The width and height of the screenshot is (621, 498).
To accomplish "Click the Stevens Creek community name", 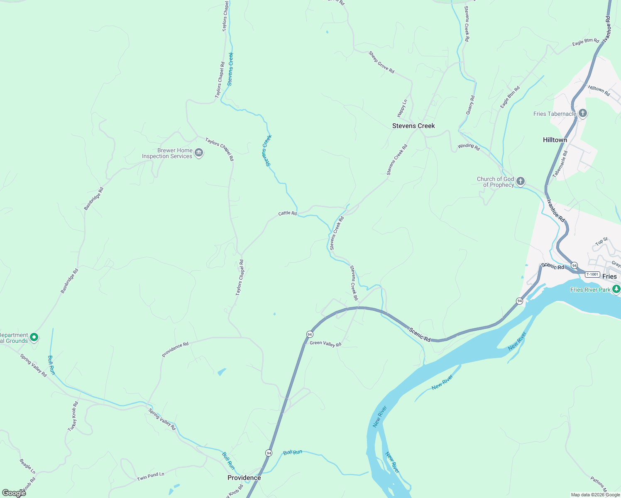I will (x=413, y=126).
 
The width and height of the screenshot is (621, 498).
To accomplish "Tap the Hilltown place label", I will (x=555, y=140).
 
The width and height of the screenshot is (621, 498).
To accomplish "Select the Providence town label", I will (x=244, y=478).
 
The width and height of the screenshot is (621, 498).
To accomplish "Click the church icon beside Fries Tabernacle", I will (x=583, y=113).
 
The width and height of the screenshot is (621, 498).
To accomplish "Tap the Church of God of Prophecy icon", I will (x=521, y=181).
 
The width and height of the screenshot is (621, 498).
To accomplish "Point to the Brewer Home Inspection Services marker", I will (x=199, y=153).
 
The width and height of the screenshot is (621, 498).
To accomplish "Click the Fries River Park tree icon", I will (x=616, y=289).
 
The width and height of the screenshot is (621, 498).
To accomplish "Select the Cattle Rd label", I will (x=287, y=213).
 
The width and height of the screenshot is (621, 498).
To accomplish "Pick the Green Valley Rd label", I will (x=325, y=344).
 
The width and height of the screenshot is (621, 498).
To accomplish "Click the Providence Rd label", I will (x=175, y=349).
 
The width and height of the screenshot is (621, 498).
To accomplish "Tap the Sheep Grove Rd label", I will (x=381, y=62).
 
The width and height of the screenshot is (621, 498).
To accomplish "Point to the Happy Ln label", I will (x=402, y=108).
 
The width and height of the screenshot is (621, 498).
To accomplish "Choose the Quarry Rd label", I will (x=470, y=105).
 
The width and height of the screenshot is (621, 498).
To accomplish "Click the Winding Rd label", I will (x=469, y=146).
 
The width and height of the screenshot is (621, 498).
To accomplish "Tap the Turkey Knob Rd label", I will (x=73, y=416).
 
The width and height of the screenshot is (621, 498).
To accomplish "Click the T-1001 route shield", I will (x=592, y=274).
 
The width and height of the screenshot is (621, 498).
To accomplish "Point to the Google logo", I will (x=14, y=493).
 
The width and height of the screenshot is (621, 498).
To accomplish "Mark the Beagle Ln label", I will (x=27, y=466).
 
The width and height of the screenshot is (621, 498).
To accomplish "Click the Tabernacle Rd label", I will (x=560, y=164).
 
